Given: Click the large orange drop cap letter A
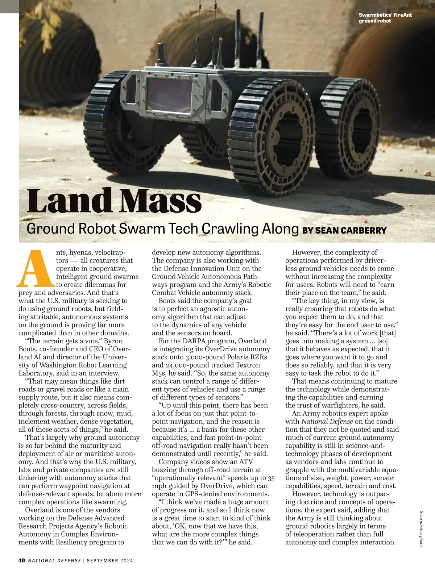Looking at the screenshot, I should pos(37,268).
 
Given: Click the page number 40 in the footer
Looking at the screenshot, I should pos(22,560).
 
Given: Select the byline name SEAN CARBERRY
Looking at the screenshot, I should pos(351,230).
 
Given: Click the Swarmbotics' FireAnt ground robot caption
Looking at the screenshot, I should pos(385,18).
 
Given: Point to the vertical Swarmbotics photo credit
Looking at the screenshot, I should pos(421,528).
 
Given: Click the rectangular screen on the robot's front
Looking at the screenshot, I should pos(169,95).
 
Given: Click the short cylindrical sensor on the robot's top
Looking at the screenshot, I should pos(162,53).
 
